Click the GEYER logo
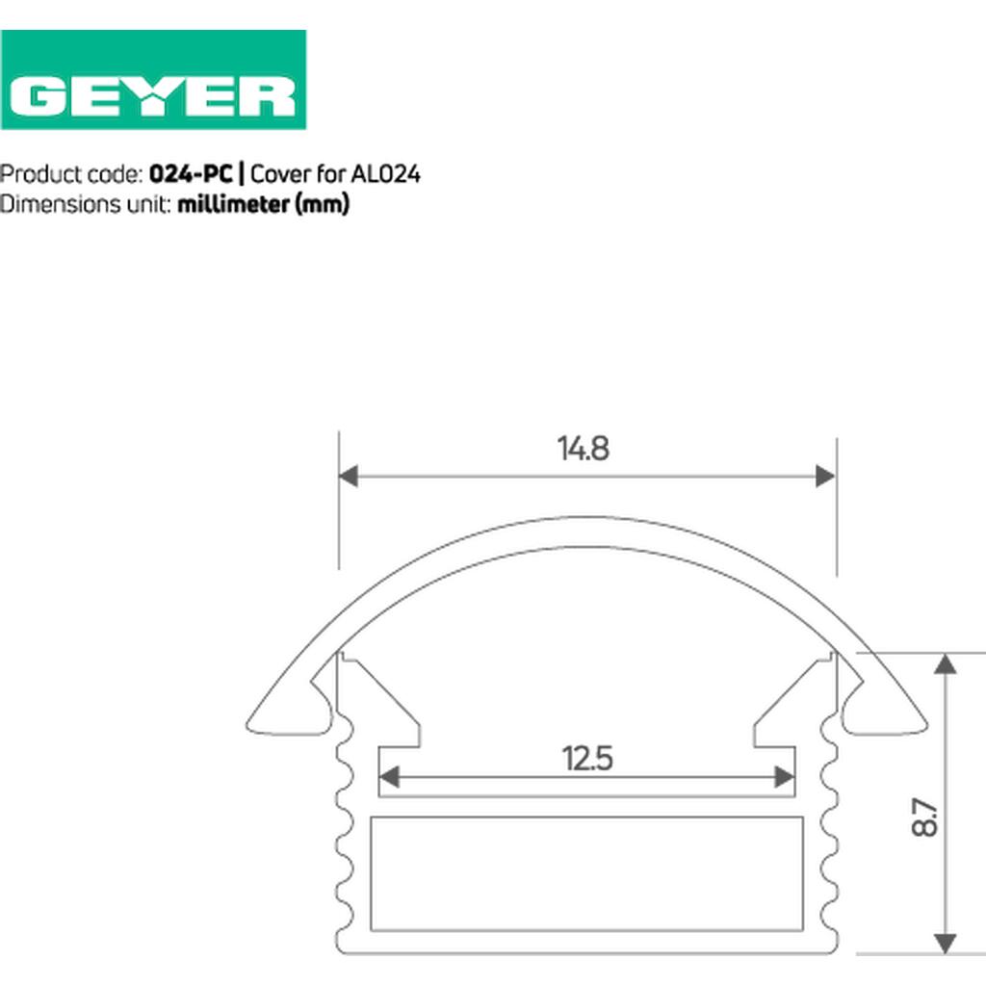click(x=153, y=80)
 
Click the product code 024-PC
click(x=191, y=174)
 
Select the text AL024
click(x=385, y=174)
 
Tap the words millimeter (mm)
click(x=263, y=204)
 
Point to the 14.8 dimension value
click(x=583, y=449)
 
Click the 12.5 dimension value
click(x=586, y=759)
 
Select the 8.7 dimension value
click(x=924, y=817)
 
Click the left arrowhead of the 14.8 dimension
click(x=349, y=476)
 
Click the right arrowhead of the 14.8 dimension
click(x=825, y=476)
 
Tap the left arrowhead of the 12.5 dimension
click(x=389, y=777)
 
